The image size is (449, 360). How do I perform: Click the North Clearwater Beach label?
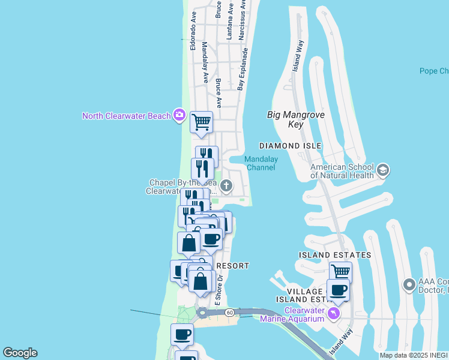[127, 116]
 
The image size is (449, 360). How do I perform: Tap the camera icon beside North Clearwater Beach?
[178, 115]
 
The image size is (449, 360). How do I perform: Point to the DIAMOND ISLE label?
[290, 146]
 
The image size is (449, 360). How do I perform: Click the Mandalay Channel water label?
[261, 163]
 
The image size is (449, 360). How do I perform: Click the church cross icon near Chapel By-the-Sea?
[226, 186]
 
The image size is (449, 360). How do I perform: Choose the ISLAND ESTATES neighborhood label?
[334, 255]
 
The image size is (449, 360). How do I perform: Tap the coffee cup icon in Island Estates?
[338, 290]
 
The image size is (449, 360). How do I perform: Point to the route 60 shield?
[229, 312]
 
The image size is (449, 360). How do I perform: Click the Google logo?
[20, 353]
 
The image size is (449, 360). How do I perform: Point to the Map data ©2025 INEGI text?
[414, 355]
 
